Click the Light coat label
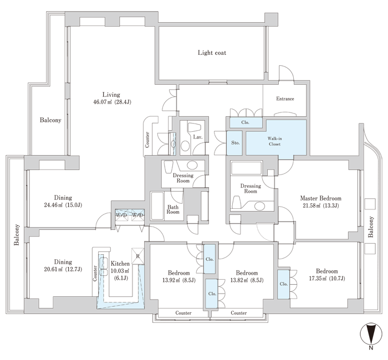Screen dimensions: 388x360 212,53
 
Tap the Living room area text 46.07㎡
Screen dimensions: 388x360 103,102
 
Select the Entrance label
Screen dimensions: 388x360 285,99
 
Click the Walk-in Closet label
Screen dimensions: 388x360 275,141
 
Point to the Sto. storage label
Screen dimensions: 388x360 236,143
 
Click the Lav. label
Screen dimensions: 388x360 198,137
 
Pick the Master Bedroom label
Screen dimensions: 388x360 321,198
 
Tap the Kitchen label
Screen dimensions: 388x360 120,264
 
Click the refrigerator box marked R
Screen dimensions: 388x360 138,256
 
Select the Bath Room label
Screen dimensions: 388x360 173,209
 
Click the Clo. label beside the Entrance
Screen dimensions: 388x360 245,122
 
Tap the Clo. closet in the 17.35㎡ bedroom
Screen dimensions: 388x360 284,284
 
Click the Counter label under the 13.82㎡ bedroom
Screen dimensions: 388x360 238,313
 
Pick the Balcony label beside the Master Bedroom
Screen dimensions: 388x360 370,227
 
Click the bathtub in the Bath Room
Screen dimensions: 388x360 157,205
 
